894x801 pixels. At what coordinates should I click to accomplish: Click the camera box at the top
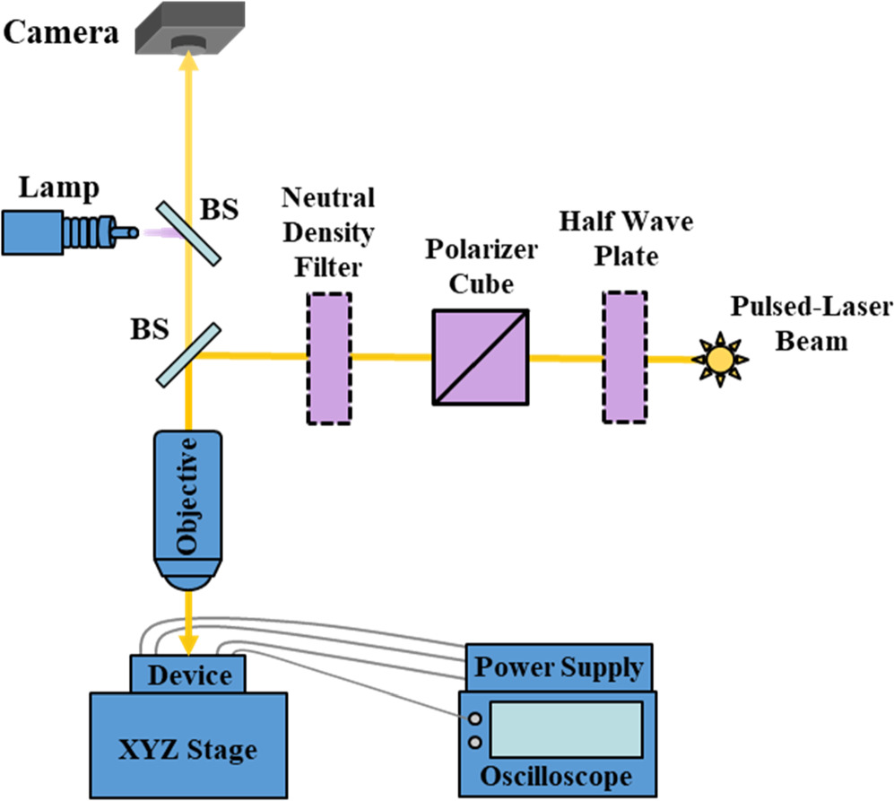pos(188,27)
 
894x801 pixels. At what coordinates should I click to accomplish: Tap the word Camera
pos(61,34)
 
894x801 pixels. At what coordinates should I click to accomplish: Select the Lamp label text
pos(61,187)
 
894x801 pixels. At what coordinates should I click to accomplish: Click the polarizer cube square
pos(479,357)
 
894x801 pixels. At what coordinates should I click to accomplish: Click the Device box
pos(188,674)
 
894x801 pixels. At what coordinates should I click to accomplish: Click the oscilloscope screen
pos(567,728)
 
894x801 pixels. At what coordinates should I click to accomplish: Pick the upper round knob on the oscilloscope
pos(473,718)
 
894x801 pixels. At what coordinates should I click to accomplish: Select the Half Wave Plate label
pos(625,238)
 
